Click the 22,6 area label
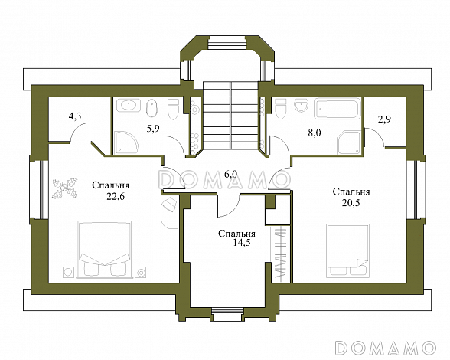116,197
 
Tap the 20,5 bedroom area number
351,203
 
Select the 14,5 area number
242,243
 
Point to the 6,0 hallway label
230,174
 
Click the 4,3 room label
75,116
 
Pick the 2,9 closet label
384,119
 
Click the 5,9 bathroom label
153,129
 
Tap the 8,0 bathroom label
315,133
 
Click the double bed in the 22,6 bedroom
104,250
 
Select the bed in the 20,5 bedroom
347,250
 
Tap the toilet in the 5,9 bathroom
173,110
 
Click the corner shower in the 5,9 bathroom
127,142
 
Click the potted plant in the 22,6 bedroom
65,188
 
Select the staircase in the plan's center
231,115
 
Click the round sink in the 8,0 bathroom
302,106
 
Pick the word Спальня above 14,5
236,234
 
